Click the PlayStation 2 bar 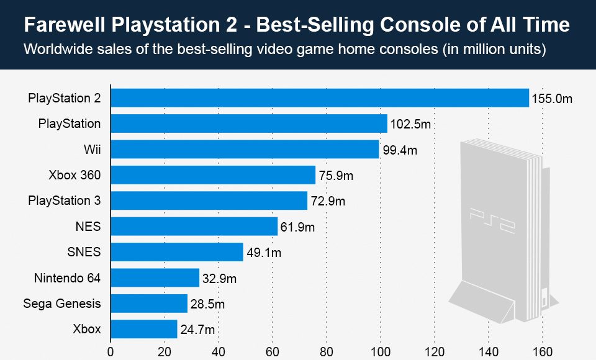click(x=320, y=98)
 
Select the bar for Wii click(x=245, y=150)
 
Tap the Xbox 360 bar click(x=213, y=176)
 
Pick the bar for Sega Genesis click(x=149, y=304)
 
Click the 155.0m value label click(x=551, y=99)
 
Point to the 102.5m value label click(x=410, y=124)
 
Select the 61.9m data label click(x=297, y=227)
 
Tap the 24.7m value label click(x=197, y=330)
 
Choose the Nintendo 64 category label click(x=67, y=277)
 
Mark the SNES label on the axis click(x=84, y=252)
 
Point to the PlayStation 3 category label click(x=65, y=200)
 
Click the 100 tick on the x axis click(x=381, y=351)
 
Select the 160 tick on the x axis click(x=543, y=351)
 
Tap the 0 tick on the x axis click(x=111, y=351)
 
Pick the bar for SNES click(x=177, y=252)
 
